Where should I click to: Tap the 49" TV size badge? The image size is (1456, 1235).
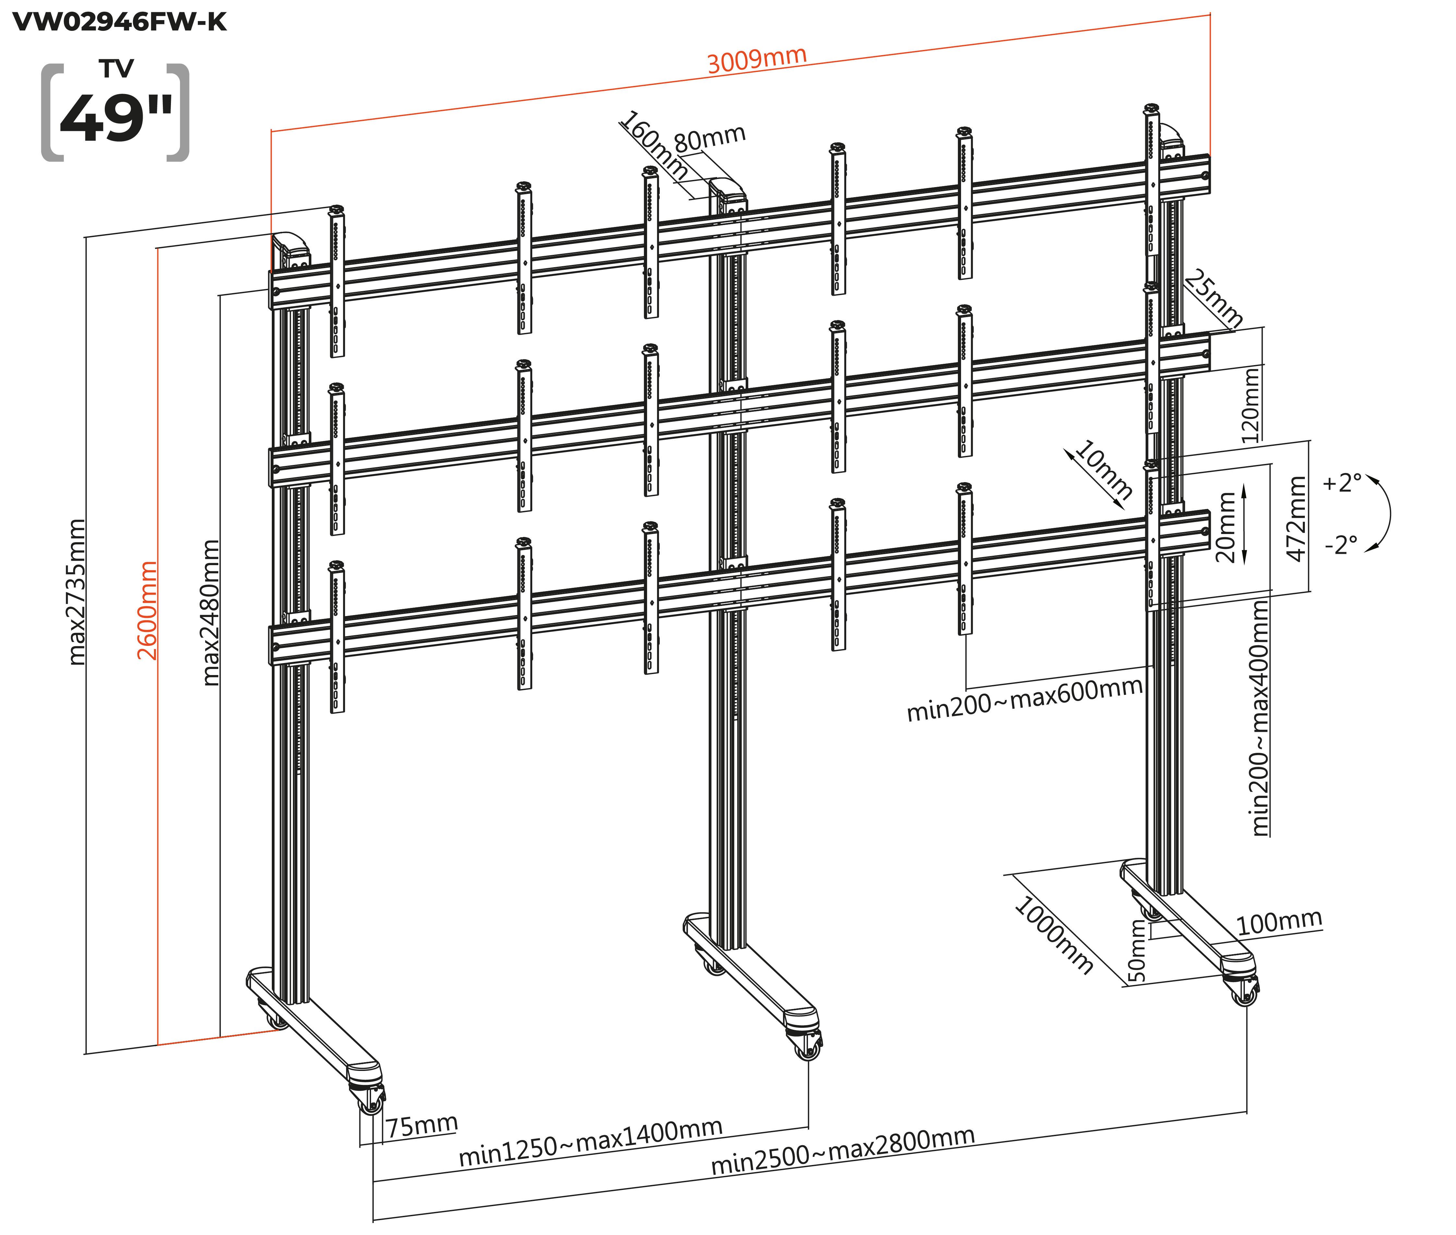(x=115, y=112)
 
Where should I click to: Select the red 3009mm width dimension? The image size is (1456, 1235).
(x=756, y=60)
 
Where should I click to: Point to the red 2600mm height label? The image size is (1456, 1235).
(x=147, y=611)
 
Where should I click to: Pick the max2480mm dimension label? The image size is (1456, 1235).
(x=210, y=612)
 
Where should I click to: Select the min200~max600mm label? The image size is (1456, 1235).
(x=1024, y=699)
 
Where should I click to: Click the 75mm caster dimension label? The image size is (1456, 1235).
(x=422, y=1126)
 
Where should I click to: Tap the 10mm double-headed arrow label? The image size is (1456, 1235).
(x=1103, y=469)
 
